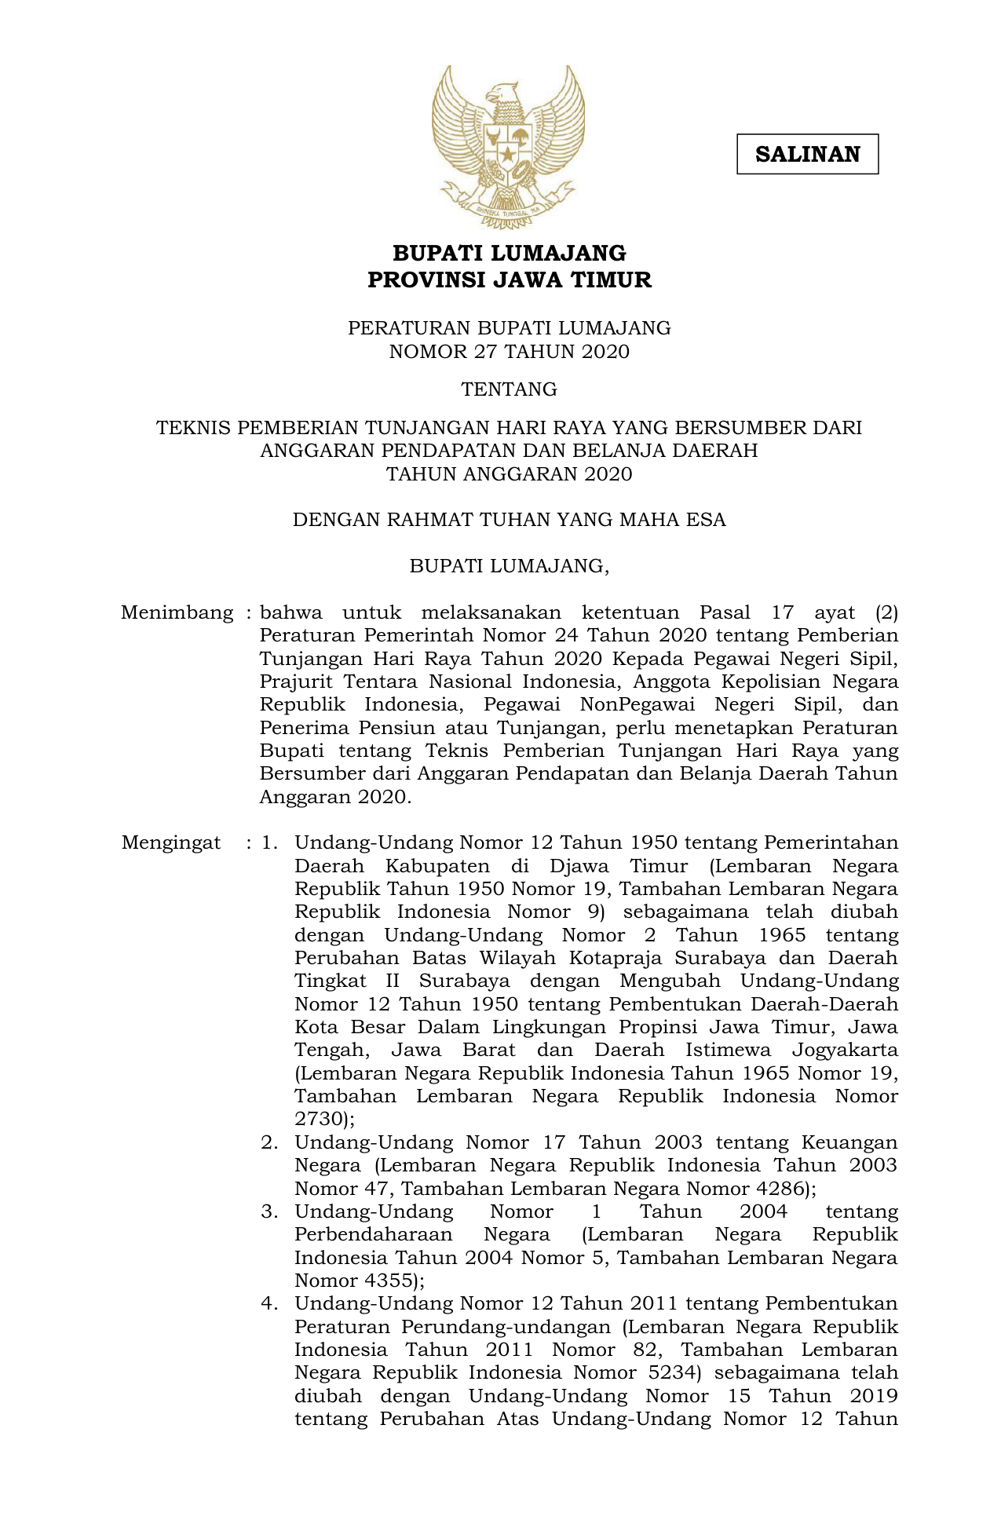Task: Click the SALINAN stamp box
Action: click(807, 154)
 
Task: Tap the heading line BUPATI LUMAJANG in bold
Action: click(509, 253)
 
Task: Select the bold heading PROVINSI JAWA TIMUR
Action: click(509, 280)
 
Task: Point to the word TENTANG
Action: click(509, 389)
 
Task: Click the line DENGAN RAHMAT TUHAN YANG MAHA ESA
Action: click(509, 520)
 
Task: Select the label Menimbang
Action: click(177, 612)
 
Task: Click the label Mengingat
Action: click(171, 843)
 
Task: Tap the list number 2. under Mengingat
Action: click(270, 1142)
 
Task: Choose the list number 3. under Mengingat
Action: click(270, 1211)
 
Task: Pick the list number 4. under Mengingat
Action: click(270, 1303)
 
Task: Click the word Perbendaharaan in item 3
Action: click(374, 1234)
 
